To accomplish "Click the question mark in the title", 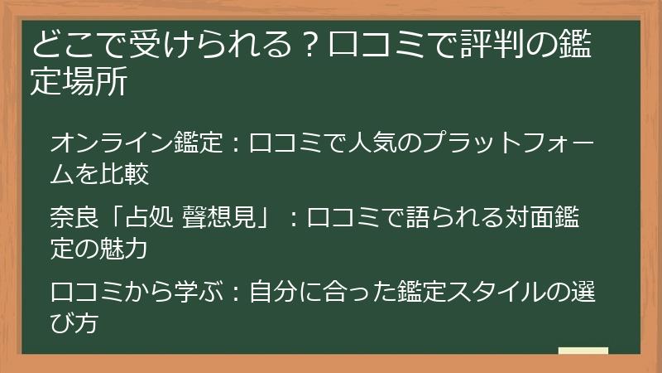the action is click(310, 45).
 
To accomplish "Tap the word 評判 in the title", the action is click(491, 44).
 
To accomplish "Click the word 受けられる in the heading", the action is click(211, 44).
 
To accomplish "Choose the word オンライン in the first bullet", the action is click(112, 143).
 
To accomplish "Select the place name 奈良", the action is click(74, 217).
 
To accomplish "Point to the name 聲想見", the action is click(219, 217).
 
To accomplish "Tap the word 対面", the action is click(529, 217).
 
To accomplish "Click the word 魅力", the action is click(123, 248).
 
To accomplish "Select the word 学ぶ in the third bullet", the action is click(199, 292).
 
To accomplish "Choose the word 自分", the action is click(273, 292).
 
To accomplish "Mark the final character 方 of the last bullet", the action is click(87, 322).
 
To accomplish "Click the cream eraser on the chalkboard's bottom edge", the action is click(583, 351).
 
